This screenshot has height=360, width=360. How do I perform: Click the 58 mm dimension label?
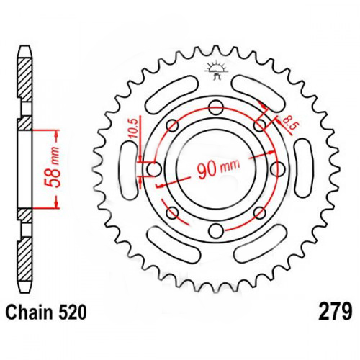pyautogui.click(x=52, y=168)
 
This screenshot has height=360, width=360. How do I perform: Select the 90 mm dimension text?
pyautogui.click(x=218, y=168)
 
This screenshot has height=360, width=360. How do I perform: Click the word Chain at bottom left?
pyautogui.click(x=29, y=312)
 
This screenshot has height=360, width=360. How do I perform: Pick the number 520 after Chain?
pyautogui.click(x=71, y=312)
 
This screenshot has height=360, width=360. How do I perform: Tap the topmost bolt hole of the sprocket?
pyautogui.click(x=216, y=107)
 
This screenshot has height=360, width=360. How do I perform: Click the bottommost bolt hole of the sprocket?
pyautogui.click(x=216, y=231)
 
